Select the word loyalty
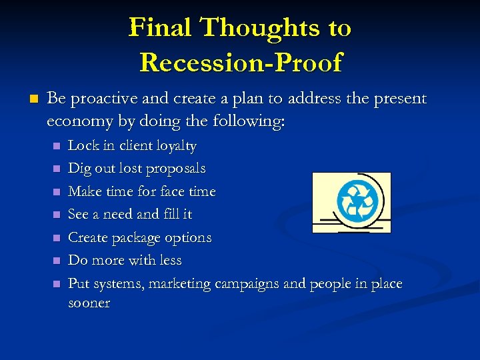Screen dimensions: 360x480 coord(175,146)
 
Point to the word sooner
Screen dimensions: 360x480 coord(89,303)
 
